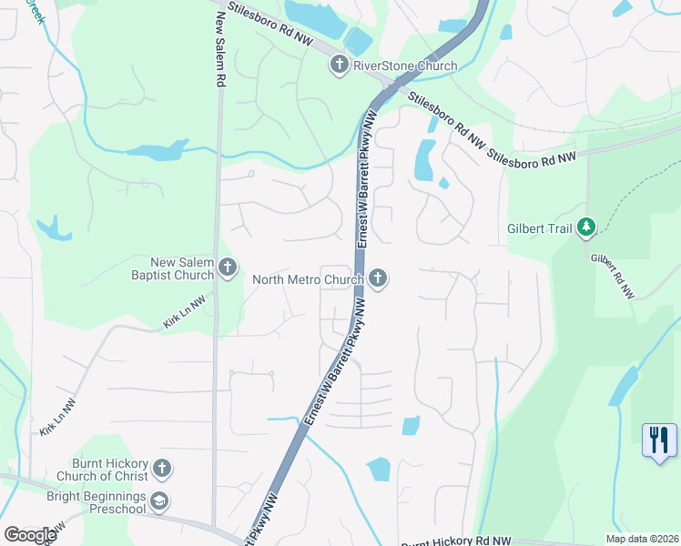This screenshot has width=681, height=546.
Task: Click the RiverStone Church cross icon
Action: pos(340,65)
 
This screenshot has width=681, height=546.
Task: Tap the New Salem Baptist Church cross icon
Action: pos(228,268)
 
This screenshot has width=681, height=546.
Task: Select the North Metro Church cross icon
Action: pos(377,278)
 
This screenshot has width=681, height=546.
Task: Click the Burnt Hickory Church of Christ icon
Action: pos(162,469)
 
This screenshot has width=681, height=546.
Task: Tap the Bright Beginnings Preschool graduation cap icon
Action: pos(159,500)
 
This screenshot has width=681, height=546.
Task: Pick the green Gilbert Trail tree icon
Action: pos(587,227)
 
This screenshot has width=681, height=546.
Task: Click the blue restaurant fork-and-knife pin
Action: pos(658,440)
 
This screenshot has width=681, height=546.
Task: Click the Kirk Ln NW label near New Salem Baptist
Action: pos(185,310)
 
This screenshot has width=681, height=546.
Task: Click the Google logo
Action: pos(29,535)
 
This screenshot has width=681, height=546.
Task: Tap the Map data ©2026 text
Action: pos(641,539)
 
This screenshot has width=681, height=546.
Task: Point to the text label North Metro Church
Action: pos(308,279)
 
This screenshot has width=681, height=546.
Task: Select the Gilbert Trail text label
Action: pos(540,228)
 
